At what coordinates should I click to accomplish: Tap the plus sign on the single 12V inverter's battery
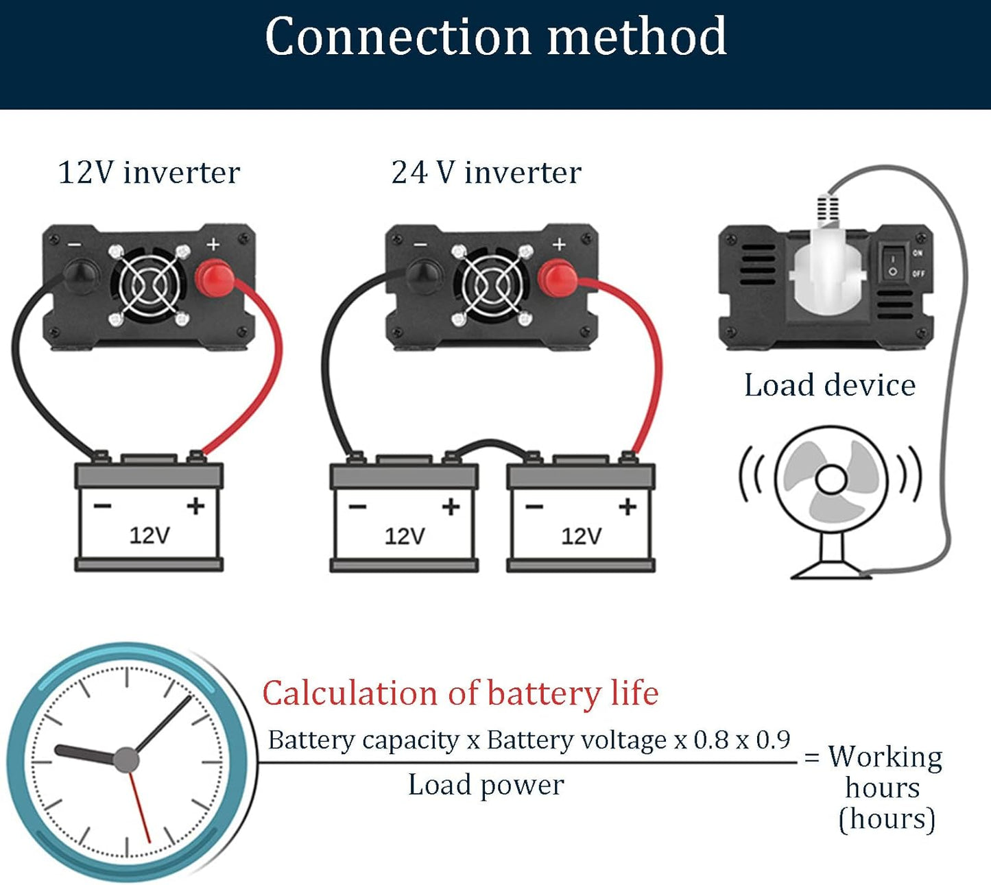coord(195,506)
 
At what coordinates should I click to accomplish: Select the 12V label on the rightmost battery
coord(581,535)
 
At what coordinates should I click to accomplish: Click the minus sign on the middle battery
coord(357,507)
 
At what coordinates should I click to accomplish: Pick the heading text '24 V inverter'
coord(486,172)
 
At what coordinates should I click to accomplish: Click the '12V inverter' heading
coord(149,172)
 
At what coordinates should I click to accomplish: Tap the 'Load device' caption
coord(830,385)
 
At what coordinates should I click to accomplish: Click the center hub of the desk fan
coord(832,479)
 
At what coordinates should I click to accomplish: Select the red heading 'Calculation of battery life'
coord(460,693)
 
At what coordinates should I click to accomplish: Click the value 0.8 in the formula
coord(711,740)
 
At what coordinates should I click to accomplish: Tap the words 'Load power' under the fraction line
coord(486,785)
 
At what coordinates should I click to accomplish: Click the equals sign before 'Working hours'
coord(812,758)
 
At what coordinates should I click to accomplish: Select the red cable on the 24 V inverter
coord(652,356)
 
